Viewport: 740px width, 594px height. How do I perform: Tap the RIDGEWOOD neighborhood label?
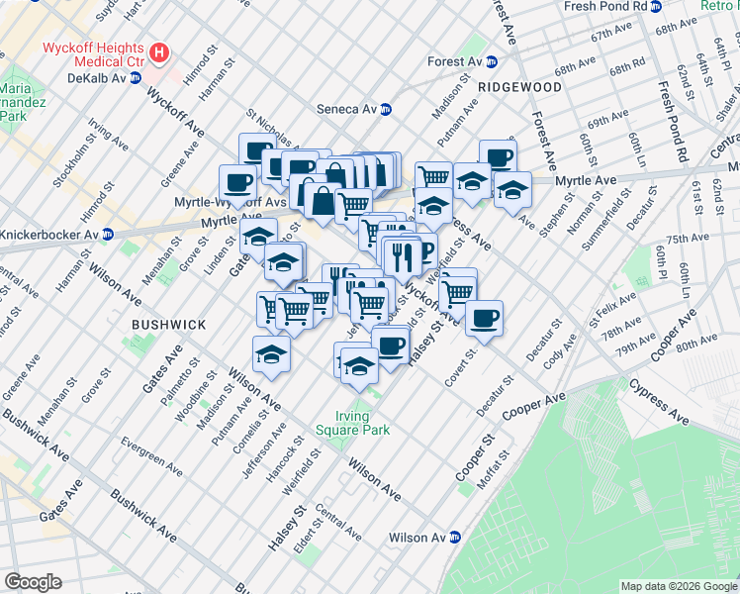coord(519,87)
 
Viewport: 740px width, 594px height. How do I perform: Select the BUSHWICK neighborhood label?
coord(169,324)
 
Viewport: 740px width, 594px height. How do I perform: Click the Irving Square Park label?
coord(353,423)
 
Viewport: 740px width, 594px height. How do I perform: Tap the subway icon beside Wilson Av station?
coord(455,538)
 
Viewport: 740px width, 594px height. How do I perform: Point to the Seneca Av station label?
coord(347,109)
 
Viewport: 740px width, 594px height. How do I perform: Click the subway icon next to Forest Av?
coord(491,61)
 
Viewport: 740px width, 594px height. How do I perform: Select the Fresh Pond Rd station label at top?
coord(604,6)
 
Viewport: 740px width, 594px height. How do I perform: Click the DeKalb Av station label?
coord(96,77)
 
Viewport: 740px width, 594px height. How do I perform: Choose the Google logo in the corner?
coord(33,582)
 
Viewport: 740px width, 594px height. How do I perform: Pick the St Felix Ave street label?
coord(610,307)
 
